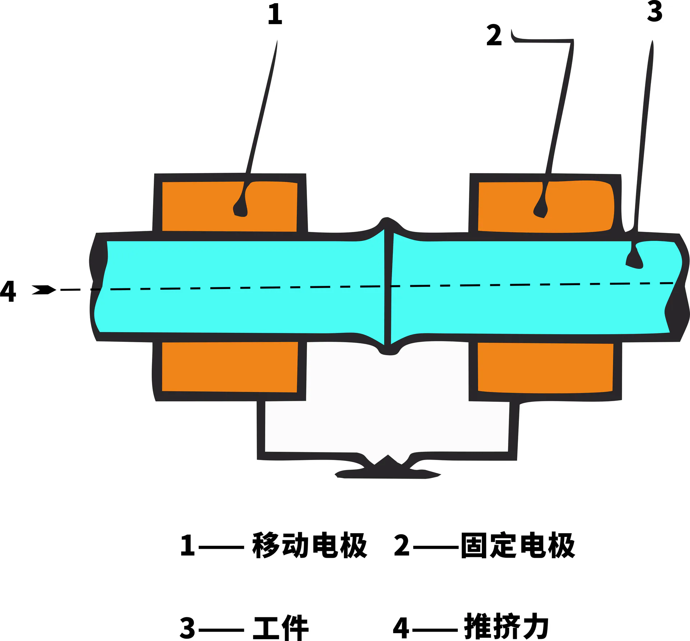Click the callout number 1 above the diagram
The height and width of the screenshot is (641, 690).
275,14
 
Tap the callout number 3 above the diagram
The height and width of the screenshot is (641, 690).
655,11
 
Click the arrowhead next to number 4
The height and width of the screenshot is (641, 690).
44,290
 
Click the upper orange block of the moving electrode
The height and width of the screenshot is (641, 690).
230,206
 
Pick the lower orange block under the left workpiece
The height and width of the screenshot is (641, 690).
230,367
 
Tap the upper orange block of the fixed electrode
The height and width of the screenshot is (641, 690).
546,206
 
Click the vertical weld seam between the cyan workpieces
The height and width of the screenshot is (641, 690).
387,287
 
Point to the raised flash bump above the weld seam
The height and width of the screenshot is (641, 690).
388,223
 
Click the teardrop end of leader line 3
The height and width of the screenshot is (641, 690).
634,261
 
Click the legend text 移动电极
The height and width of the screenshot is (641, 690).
309,545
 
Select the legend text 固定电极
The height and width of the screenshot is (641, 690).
518,545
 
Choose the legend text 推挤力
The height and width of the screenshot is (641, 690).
507,627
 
